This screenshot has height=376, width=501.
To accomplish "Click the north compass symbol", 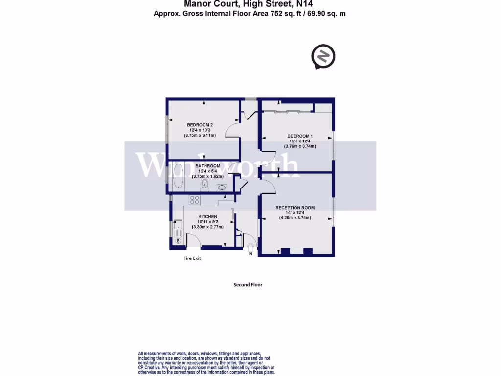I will (323, 56).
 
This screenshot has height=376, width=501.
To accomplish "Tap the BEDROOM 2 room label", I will (200, 125).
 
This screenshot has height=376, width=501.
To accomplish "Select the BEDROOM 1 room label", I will (300, 136).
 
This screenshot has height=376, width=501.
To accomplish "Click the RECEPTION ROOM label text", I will (295, 208).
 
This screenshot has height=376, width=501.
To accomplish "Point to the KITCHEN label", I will (207, 216).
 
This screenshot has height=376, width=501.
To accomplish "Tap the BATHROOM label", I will (208, 166).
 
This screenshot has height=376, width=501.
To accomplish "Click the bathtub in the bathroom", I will (178, 177).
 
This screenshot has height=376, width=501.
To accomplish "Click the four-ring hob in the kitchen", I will (194, 200).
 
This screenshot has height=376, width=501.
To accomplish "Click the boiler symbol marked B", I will (178, 241).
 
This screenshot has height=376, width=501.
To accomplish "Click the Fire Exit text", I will (192, 258).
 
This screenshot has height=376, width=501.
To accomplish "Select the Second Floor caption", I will (248, 284).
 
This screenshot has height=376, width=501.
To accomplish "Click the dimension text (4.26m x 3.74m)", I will (295, 218).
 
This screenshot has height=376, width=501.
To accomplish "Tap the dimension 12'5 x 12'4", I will (300, 141).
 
